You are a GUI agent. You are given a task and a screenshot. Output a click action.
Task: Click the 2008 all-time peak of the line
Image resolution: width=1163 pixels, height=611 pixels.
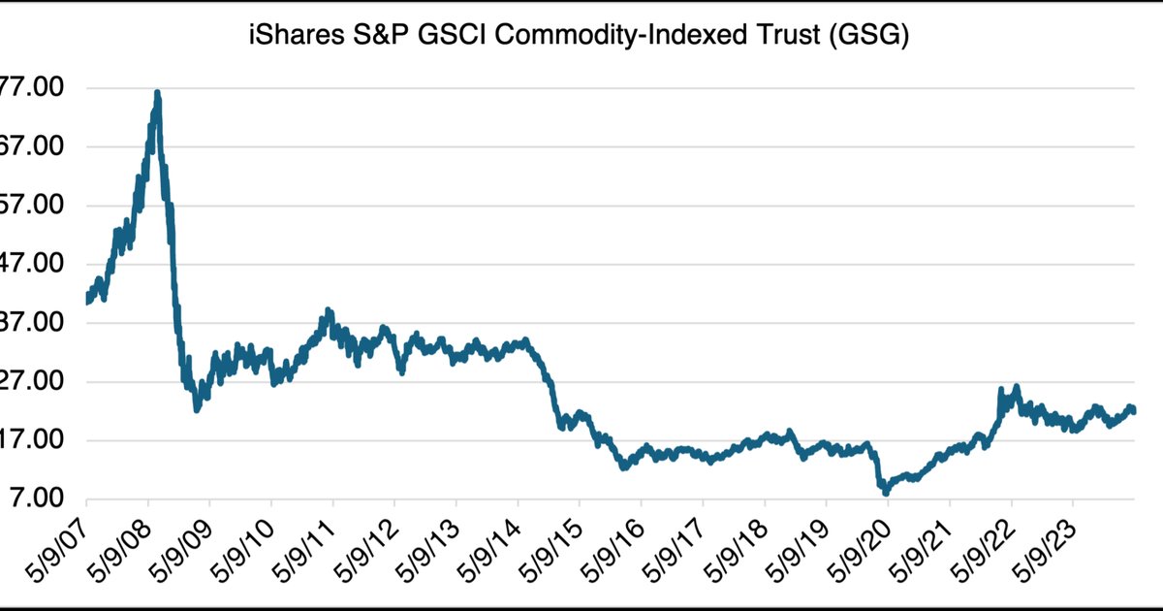[x=157, y=93]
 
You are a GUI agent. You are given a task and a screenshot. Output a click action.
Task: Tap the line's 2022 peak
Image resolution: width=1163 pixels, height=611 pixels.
[x=1016, y=387]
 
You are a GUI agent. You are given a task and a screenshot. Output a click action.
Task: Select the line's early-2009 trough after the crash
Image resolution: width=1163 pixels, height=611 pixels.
[x=197, y=409]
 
